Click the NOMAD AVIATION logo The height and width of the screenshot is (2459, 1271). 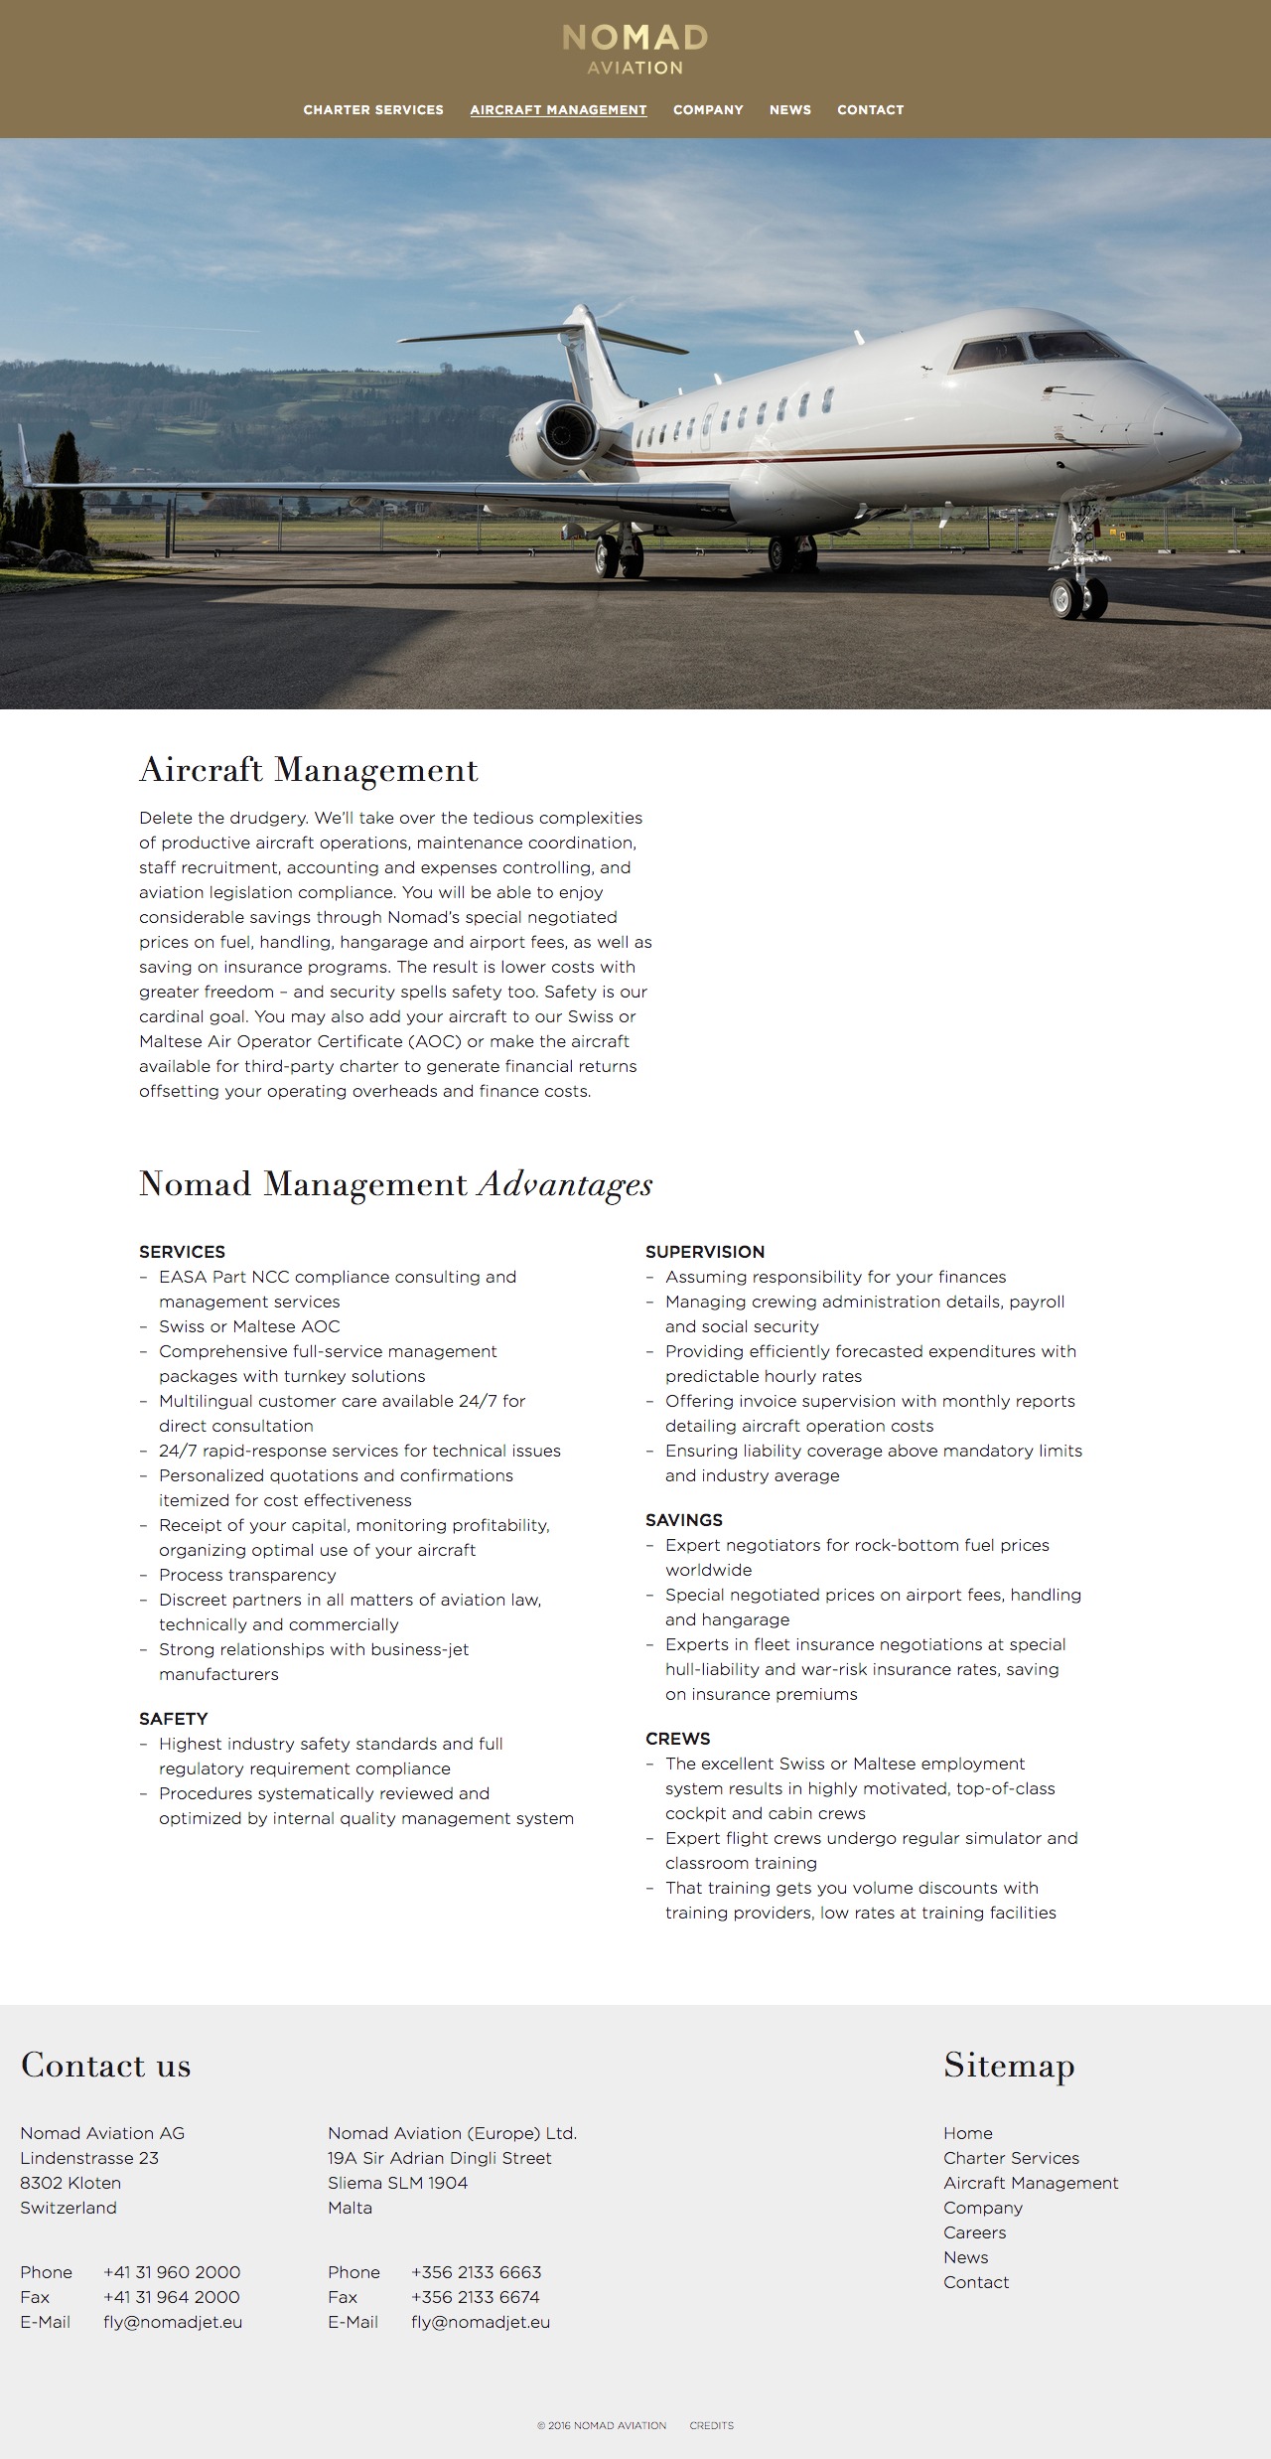(635, 50)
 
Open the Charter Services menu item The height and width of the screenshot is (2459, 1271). (373, 110)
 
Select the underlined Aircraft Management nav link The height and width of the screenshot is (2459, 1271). (558, 110)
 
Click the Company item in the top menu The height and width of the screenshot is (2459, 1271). (708, 110)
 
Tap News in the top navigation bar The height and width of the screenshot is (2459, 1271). (790, 110)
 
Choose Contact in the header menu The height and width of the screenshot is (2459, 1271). (870, 110)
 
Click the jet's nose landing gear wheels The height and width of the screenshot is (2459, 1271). (1078, 595)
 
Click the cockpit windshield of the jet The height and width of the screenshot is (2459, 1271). (1033, 349)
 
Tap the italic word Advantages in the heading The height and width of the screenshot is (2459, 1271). (565, 1184)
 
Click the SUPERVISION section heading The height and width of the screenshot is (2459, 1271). (705, 1252)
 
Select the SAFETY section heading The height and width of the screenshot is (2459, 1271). (174, 1719)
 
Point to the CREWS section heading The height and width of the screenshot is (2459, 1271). (678, 1739)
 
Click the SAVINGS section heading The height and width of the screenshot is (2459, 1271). (684, 1520)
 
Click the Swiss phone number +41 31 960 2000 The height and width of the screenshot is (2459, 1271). (172, 2272)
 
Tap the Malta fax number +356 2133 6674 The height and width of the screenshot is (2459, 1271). (476, 2297)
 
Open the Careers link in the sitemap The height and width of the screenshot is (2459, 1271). (974, 2232)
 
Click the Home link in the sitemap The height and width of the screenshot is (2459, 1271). (968, 2133)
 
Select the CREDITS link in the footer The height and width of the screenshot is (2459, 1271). (712, 2425)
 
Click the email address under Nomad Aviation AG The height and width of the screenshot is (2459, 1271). (173, 2322)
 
